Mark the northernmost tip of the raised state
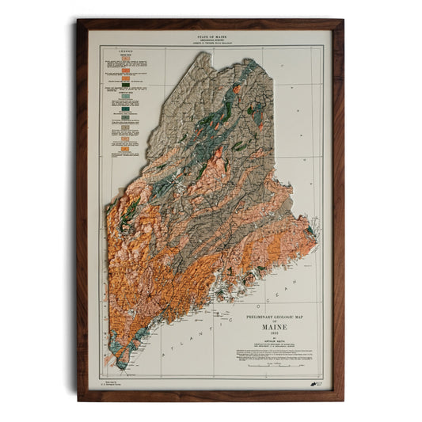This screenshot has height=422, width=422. click(x=207, y=54)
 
